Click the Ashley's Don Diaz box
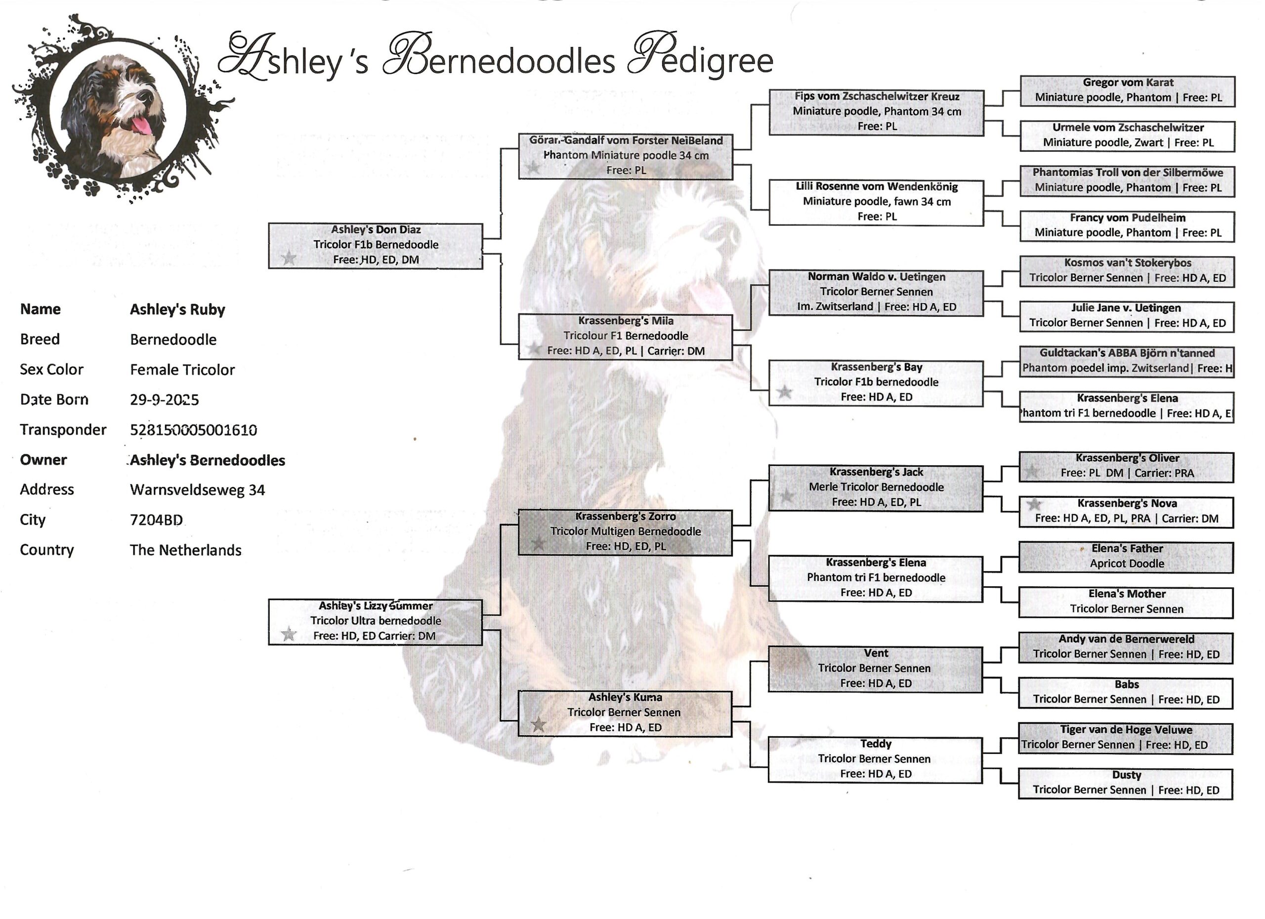376,246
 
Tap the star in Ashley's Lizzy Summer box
289,634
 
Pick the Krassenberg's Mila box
625,337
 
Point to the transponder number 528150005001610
194,430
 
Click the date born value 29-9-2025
165,399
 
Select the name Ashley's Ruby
177,309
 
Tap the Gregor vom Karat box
1127,91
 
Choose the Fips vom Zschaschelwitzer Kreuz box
876,112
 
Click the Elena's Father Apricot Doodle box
1126,558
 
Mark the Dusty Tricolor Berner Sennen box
1126,784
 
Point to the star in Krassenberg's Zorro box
538,543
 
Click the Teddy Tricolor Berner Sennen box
875,760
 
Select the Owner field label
43,460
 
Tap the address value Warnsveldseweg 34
198,490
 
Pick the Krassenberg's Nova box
1126,512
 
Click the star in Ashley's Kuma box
538,725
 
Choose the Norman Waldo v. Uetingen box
876,293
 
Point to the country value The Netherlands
186,550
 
